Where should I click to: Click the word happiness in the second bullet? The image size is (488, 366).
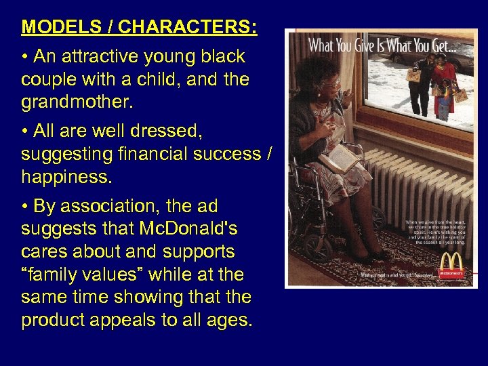click(x=66, y=178)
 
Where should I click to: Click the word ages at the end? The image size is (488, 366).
click(x=227, y=321)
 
